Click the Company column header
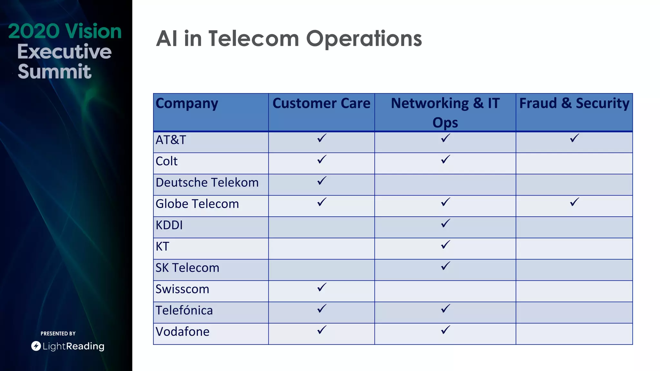pyautogui.click(x=187, y=104)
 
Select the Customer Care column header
pyautogui.click(x=321, y=104)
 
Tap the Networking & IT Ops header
pyautogui.click(x=445, y=113)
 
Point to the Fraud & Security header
pyautogui.click(x=574, y=104)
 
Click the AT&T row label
pyautogui.click(x=171, y=140)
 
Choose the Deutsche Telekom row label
pyautogui.click(x=207, y=183)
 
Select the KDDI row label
pyautogui.click(x=169, y=225)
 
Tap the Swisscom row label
pyautogui.click(x=182, y=289)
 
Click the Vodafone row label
pyautogui.click(x=182, y=332)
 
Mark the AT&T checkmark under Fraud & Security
pyautogui.click(x=574, y=138)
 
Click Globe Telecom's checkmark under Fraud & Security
pyautogui.click(x=574, y=202)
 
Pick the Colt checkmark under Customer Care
pyautogui.click(x=322, y=159)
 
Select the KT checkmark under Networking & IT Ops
pyautogui.click(x=445, y=245)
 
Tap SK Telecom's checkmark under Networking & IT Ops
pyautogui.click(x=445, y=266)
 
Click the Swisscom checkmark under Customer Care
pyautogui.click(x=322, y=287)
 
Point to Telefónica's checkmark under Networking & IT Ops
pyautogui.click(x=445, y=309)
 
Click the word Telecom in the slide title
pyautogui.click(x=254, y=39)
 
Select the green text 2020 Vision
pyautogui.click(x=65, y=31)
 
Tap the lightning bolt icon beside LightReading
pyautogui.click(x=36, y=346)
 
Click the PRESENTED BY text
pyautogui.click(x=58, y=334)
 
